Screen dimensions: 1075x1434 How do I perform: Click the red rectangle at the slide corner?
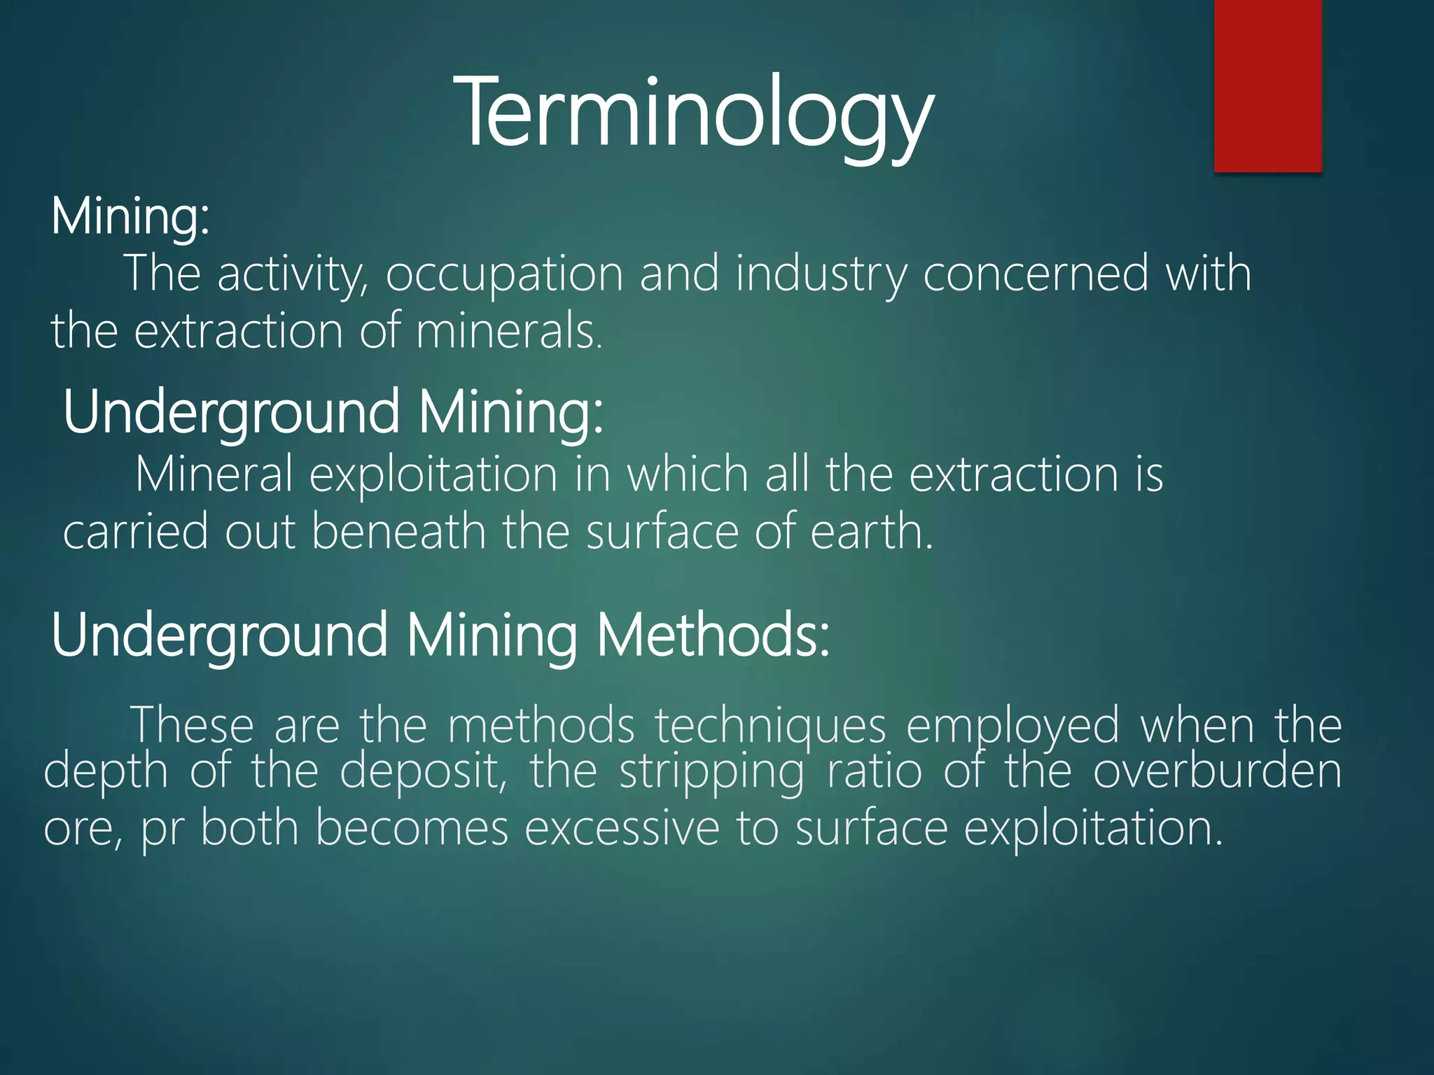[x=1267, y=85]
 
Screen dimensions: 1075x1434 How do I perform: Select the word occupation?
[x=504, y=274]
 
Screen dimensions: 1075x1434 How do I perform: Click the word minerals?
[x=508, y=331]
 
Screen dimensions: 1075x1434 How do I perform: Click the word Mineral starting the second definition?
[x=214, y=475]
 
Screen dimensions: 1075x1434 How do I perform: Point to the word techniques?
[x=771, y=726]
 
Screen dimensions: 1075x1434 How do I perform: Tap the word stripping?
[x=712, y=773]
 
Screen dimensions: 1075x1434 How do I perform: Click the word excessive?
[x=622, y=828]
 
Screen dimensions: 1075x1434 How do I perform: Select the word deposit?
[x=423, y=773]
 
